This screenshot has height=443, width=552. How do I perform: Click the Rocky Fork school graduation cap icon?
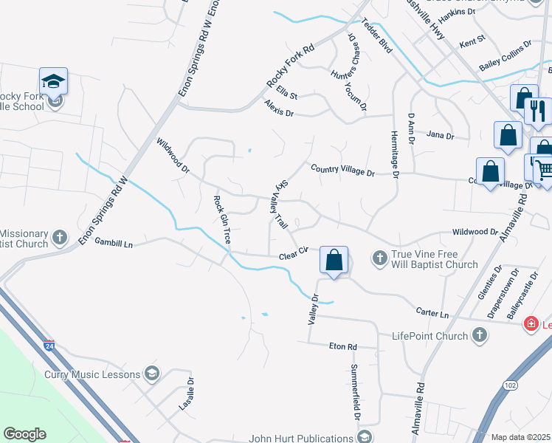click(x=53, y=80)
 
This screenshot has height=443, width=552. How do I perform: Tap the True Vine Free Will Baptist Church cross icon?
click(x=379, y=258)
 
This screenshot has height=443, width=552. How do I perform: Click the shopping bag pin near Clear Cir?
click(x=334, y=260)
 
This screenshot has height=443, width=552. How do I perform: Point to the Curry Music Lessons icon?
click(x=153, y=374)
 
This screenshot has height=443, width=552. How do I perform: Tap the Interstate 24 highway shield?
click(x=49, y=344)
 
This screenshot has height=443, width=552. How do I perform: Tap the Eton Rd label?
click(x=342, y=346)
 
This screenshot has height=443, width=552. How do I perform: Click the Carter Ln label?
click(x=432, y=314)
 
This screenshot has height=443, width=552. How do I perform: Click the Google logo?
click(x=25, y=434)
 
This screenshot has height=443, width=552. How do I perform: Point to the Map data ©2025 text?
click(x=520, y=437)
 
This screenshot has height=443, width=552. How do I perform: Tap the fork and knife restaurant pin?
click(x=538, y=111)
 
